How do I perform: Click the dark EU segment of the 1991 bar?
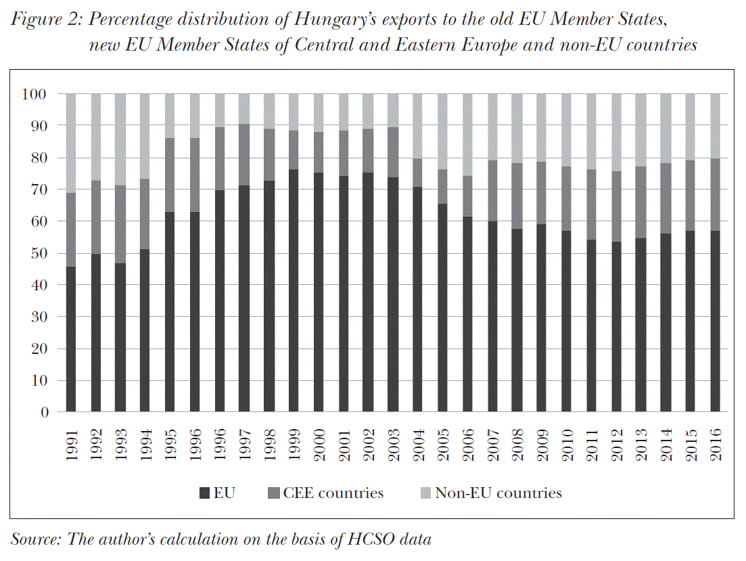pos(71,338)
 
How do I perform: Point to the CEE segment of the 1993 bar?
pos(120,224)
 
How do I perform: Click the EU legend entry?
pos(217,493)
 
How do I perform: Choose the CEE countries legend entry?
pos(325,493)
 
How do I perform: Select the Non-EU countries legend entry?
pos(490,493)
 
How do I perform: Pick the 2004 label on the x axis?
pos(419,445)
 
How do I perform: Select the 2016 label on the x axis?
pos(716,445)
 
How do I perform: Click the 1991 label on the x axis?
pos(72,445)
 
